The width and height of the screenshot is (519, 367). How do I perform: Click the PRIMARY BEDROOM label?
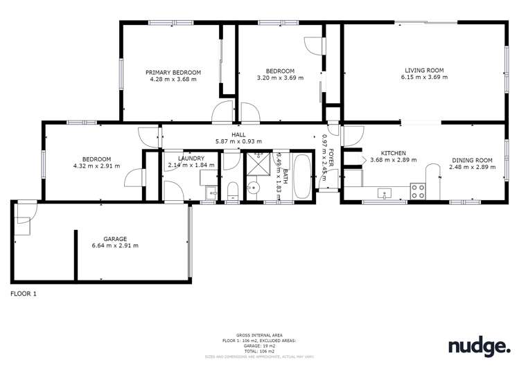[x=173, y=72]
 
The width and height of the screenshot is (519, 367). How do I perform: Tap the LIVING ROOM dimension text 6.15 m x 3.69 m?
[x=424, y=77]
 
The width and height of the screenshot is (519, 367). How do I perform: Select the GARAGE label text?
[x=115, y=239]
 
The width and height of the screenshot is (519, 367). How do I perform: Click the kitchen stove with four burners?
[x=418, y=191]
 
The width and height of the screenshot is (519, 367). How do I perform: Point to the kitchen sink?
[x=383, y=193]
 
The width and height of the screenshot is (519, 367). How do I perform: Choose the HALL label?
[x=239, y=135]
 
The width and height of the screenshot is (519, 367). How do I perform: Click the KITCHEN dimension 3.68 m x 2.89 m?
[x=394, y=160]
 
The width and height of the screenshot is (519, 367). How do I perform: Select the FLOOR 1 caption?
[x=24, y=294]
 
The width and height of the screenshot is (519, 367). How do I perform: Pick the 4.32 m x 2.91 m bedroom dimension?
[x=96, y=166]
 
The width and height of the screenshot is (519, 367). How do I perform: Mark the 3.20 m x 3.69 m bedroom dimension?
[x=280, y=78]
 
